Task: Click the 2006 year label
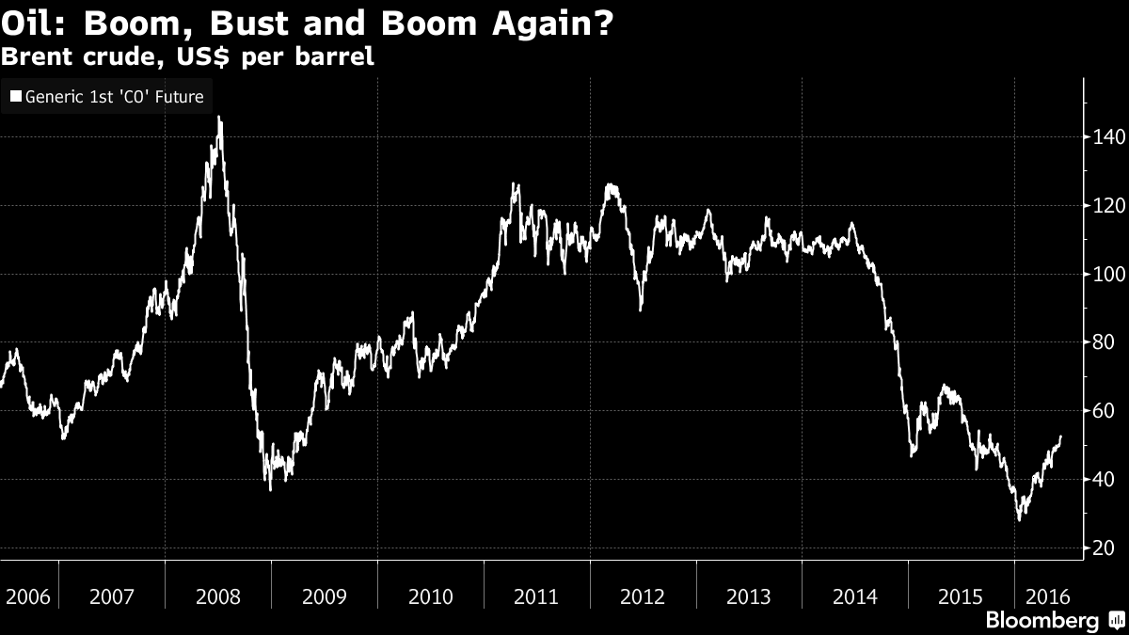(x=26, y=596)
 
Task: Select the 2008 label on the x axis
(x=217, y=596)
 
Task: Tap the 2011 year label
(x=536, y=596)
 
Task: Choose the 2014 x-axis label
(x=855, y=596)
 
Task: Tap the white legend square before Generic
(x=15, y=96)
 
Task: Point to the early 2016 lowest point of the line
(x=1019, y=519)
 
